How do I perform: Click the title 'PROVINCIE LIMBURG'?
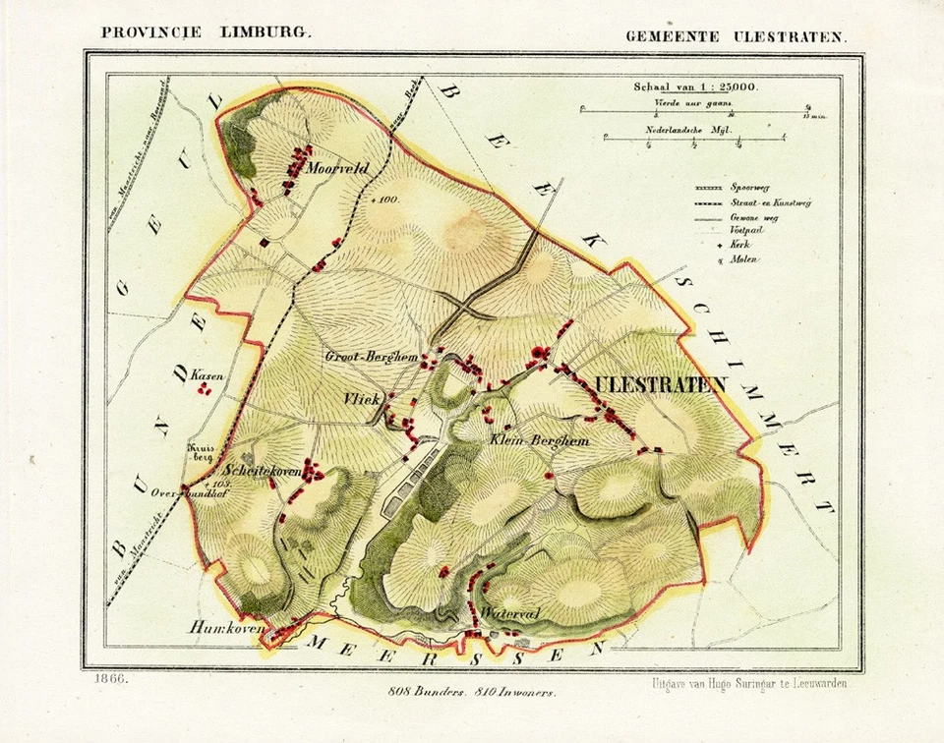[x=206, y=31]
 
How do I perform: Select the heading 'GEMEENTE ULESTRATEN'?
[x=736, y=35]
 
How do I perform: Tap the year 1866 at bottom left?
[x=111, y=678]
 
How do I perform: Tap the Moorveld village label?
[x=337, y=169]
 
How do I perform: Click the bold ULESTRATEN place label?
[x=658, y=384]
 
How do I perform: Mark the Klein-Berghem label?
[x=538, y=441]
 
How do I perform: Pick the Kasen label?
[x=204, y=374]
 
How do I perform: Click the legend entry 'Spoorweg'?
[x=747, y=186]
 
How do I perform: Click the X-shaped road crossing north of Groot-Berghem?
[x=464, y=311]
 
